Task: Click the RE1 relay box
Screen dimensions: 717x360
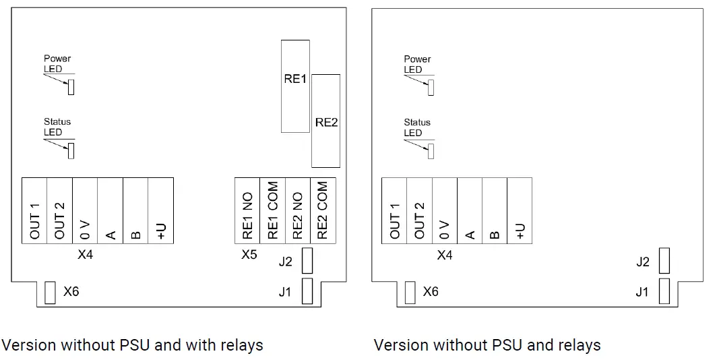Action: click(295, 86)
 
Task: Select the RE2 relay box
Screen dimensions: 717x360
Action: click(326, 121)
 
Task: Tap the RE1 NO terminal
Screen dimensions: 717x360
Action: click(247, 210)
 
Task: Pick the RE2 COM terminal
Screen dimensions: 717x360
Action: click(323, 210)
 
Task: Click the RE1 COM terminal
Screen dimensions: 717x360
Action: click(273, 210)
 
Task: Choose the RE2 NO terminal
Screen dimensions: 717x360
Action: click(298, 210)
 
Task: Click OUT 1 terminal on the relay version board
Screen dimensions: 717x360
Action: click(35, 210)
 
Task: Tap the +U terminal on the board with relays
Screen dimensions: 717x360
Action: click(161, 210)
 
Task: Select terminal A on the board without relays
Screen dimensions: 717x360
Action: click(470, 210)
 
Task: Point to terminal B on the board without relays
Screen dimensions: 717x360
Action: click(495, 210)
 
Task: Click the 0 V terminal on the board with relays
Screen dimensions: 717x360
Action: click(85, 210)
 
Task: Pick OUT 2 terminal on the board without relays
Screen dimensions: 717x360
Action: click(419, 210)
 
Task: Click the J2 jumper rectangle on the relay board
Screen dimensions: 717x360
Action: click(307, 260)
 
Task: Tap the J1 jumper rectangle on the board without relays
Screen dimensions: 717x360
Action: click(664, 291)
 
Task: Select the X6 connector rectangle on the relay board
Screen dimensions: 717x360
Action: click(50, 293)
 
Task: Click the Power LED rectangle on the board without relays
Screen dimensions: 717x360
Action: click(431, 88)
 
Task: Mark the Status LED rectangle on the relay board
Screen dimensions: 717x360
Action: click(71, 151)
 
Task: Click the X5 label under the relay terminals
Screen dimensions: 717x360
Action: click(249, 254)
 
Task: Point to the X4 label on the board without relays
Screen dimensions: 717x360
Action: click(445, 255)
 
